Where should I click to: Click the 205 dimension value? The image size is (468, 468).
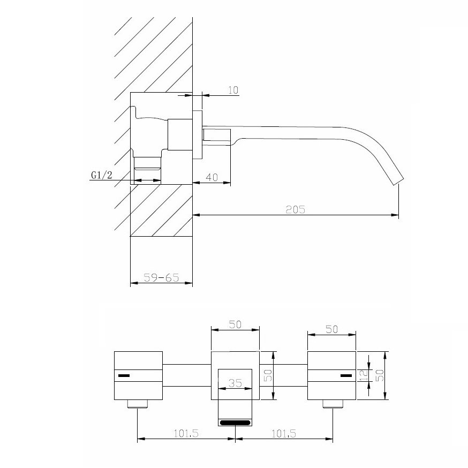pos(296,209)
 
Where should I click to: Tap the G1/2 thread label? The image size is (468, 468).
pos(102,175)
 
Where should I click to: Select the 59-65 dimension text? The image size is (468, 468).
pos(162,278)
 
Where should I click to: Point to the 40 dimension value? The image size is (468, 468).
pos(212,177)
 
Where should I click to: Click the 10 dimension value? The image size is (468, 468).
pos(233,90)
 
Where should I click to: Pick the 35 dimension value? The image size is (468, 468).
pos(235,383)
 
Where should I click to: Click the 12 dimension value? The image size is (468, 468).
pos(364,375)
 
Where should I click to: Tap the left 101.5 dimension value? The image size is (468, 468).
pos(186,433)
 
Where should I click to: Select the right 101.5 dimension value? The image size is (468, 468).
pos(284,433)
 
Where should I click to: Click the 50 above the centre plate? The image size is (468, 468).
pos(235,324)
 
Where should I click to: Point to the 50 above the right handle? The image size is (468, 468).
pos(331,329)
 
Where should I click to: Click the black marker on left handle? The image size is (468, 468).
pos(124,375)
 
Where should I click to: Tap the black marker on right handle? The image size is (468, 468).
pos(346,375)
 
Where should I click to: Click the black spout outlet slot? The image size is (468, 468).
pos(235,422)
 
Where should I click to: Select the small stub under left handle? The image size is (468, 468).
pos(138,404)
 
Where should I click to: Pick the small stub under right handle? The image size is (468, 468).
pos(333,404)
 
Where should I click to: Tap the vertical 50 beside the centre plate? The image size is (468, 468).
pos(269,375)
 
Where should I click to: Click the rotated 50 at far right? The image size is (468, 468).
pos(379,375)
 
